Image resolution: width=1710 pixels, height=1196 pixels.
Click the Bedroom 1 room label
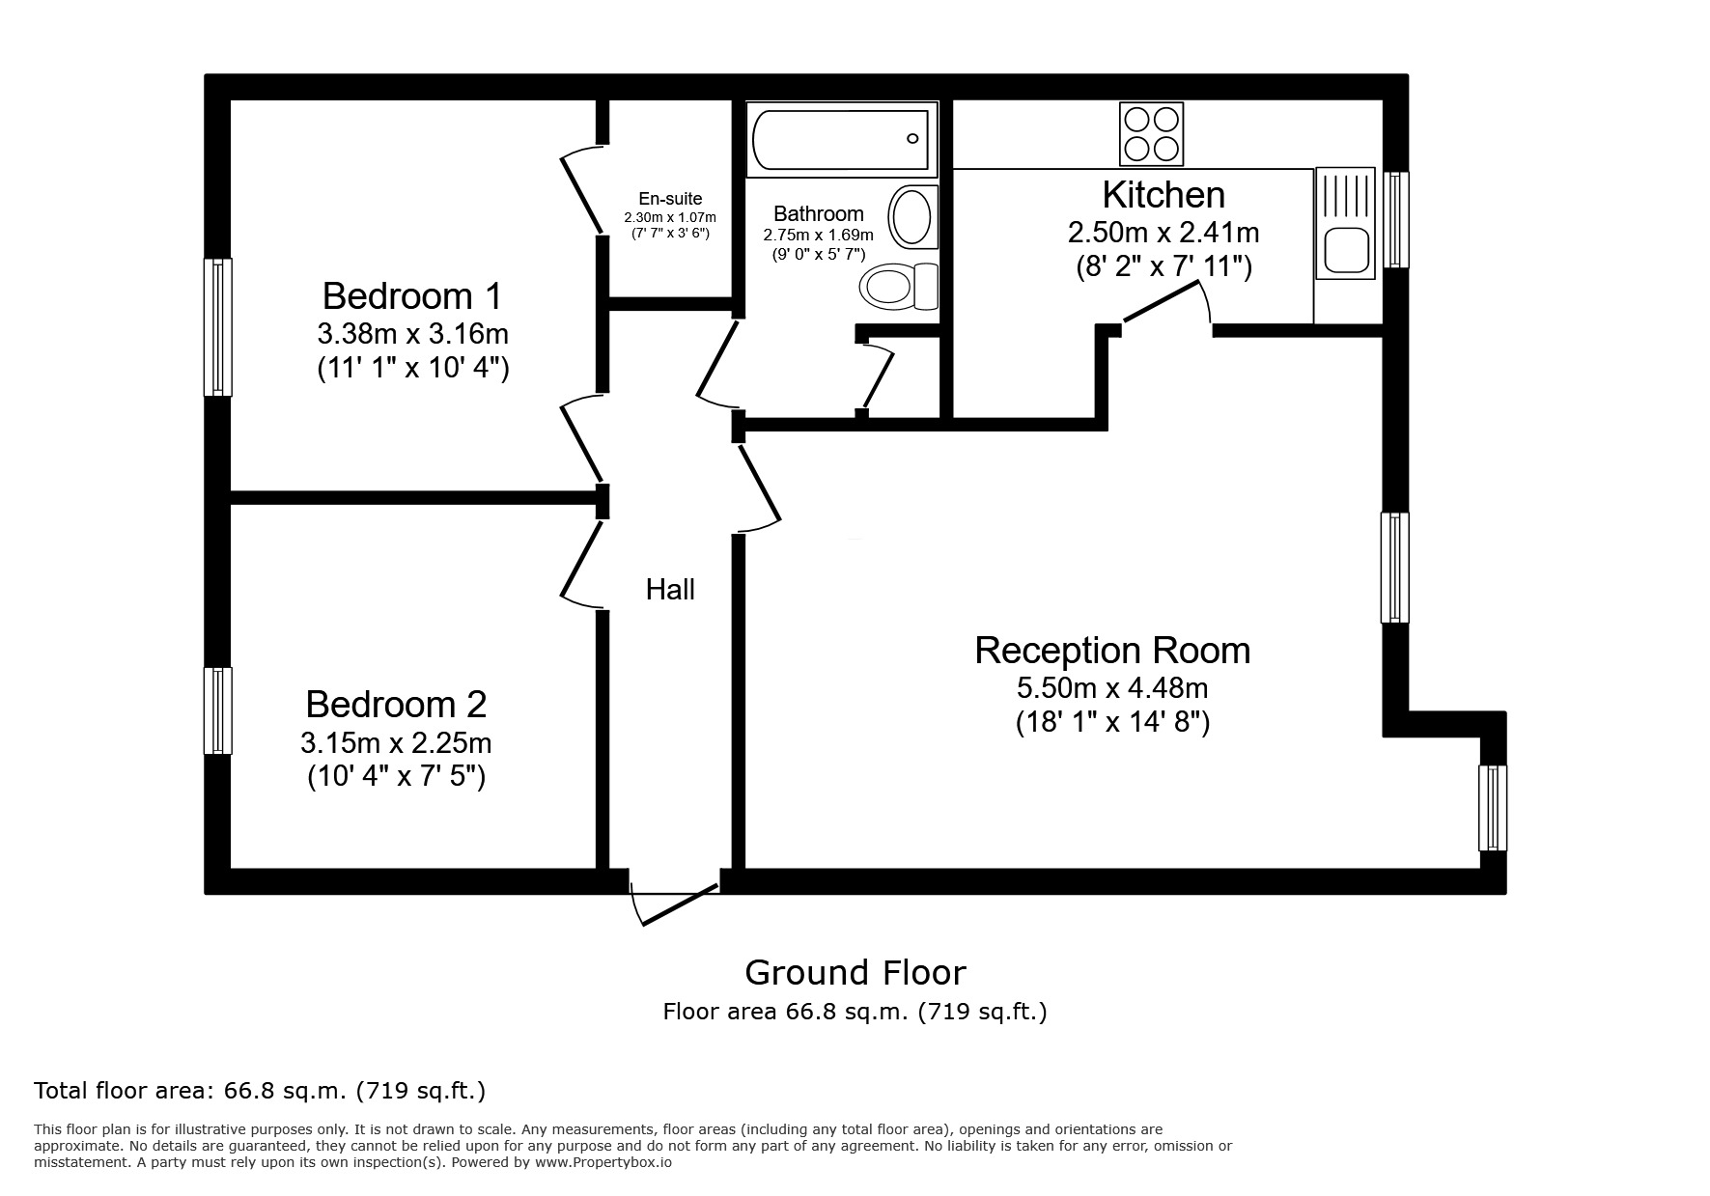click(412, 294)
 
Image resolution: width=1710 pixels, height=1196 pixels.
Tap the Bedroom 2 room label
click(396, 705)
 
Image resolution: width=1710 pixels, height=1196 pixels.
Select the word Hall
click(670, 590)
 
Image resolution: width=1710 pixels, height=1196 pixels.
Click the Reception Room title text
click(1111, 651)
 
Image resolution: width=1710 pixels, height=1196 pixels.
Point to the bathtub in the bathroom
click(841, 140)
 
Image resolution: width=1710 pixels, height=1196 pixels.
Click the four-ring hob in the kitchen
click(1151, 134)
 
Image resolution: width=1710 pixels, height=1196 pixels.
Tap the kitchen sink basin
click(1345, 249)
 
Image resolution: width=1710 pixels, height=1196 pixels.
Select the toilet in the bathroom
click(897, 286)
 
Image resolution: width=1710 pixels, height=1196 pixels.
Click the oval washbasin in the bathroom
click(911, 216)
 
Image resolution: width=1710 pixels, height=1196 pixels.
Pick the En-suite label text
click(670, 199)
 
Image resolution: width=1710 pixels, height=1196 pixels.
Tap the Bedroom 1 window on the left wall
click(218, 326)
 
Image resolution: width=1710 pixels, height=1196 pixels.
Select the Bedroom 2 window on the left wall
click(218, 710)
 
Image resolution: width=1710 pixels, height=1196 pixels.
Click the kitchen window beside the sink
click(1395, 219)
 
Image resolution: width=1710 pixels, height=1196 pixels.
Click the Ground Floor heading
click(855, 972)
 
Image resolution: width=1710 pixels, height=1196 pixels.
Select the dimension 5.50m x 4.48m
click(1111, 688)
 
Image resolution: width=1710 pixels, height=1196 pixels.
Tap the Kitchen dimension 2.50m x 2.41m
click(1163, 233)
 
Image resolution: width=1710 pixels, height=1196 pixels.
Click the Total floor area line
click(260, 1091)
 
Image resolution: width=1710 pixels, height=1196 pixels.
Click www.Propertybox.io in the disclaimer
click(603, 1162)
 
